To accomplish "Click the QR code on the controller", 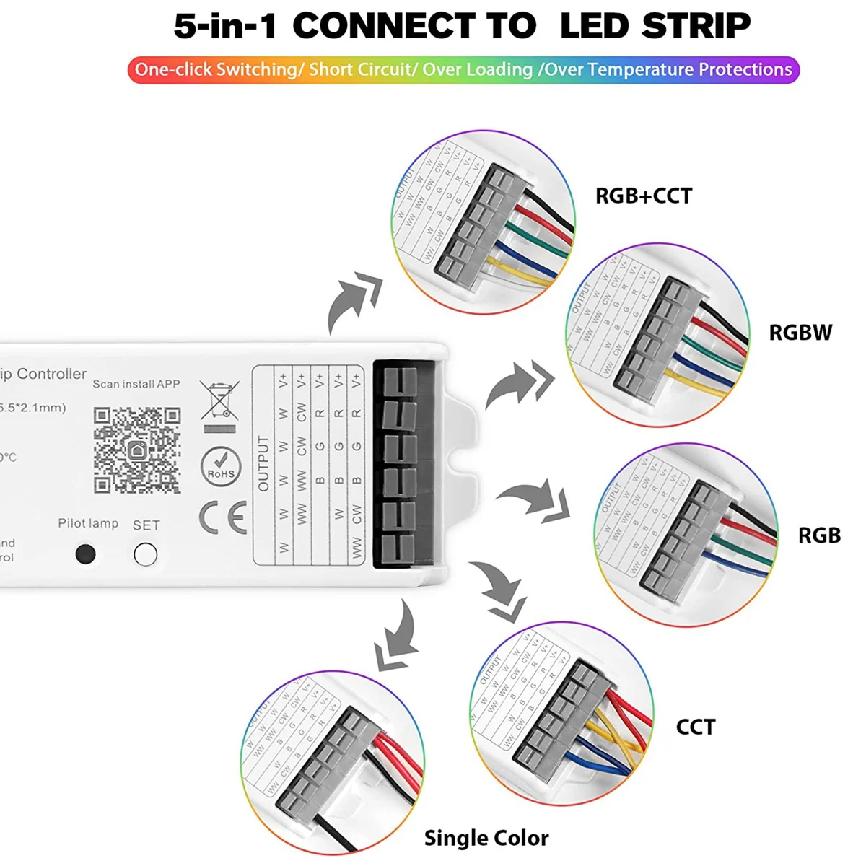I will [x=136, y=450].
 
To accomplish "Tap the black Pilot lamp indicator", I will [x=85, y=554].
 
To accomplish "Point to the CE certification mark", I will [x=222, y=517].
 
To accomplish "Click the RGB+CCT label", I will [x=643, y=196].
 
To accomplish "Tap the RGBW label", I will [x=800, y=333].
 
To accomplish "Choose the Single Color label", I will [x=486, y=838].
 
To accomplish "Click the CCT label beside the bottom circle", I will [x=696, y=727].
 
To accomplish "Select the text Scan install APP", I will [x=136, y=384].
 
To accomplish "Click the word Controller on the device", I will [x=51, y=374].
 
